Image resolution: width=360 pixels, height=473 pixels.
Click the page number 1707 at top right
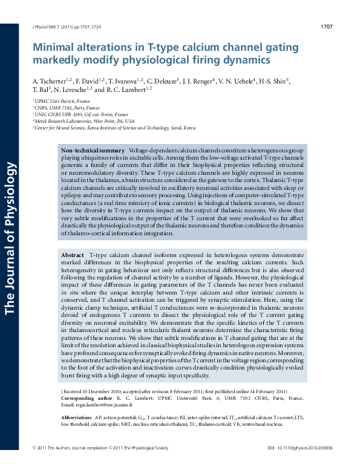(x=326, y=27)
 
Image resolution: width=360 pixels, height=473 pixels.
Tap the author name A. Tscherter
(x=50, y=80)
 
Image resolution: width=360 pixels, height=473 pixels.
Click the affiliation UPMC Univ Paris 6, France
(x=62, y=100)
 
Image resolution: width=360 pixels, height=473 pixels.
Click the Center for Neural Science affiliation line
(x=116, y=128)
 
